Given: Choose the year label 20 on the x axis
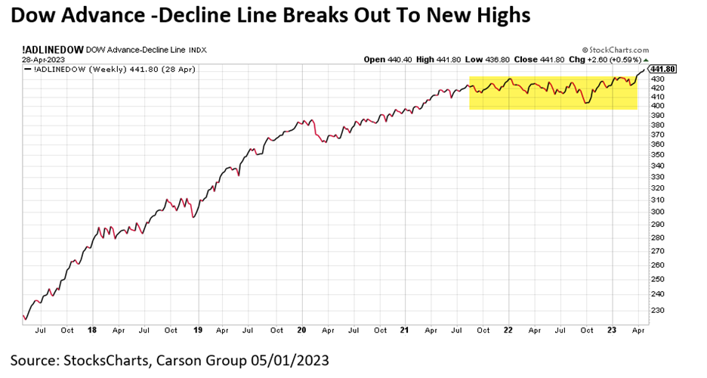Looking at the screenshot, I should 302,330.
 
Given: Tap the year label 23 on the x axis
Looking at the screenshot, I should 613,330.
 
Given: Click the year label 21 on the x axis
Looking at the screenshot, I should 406,330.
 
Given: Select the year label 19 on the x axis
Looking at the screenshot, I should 198,330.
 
